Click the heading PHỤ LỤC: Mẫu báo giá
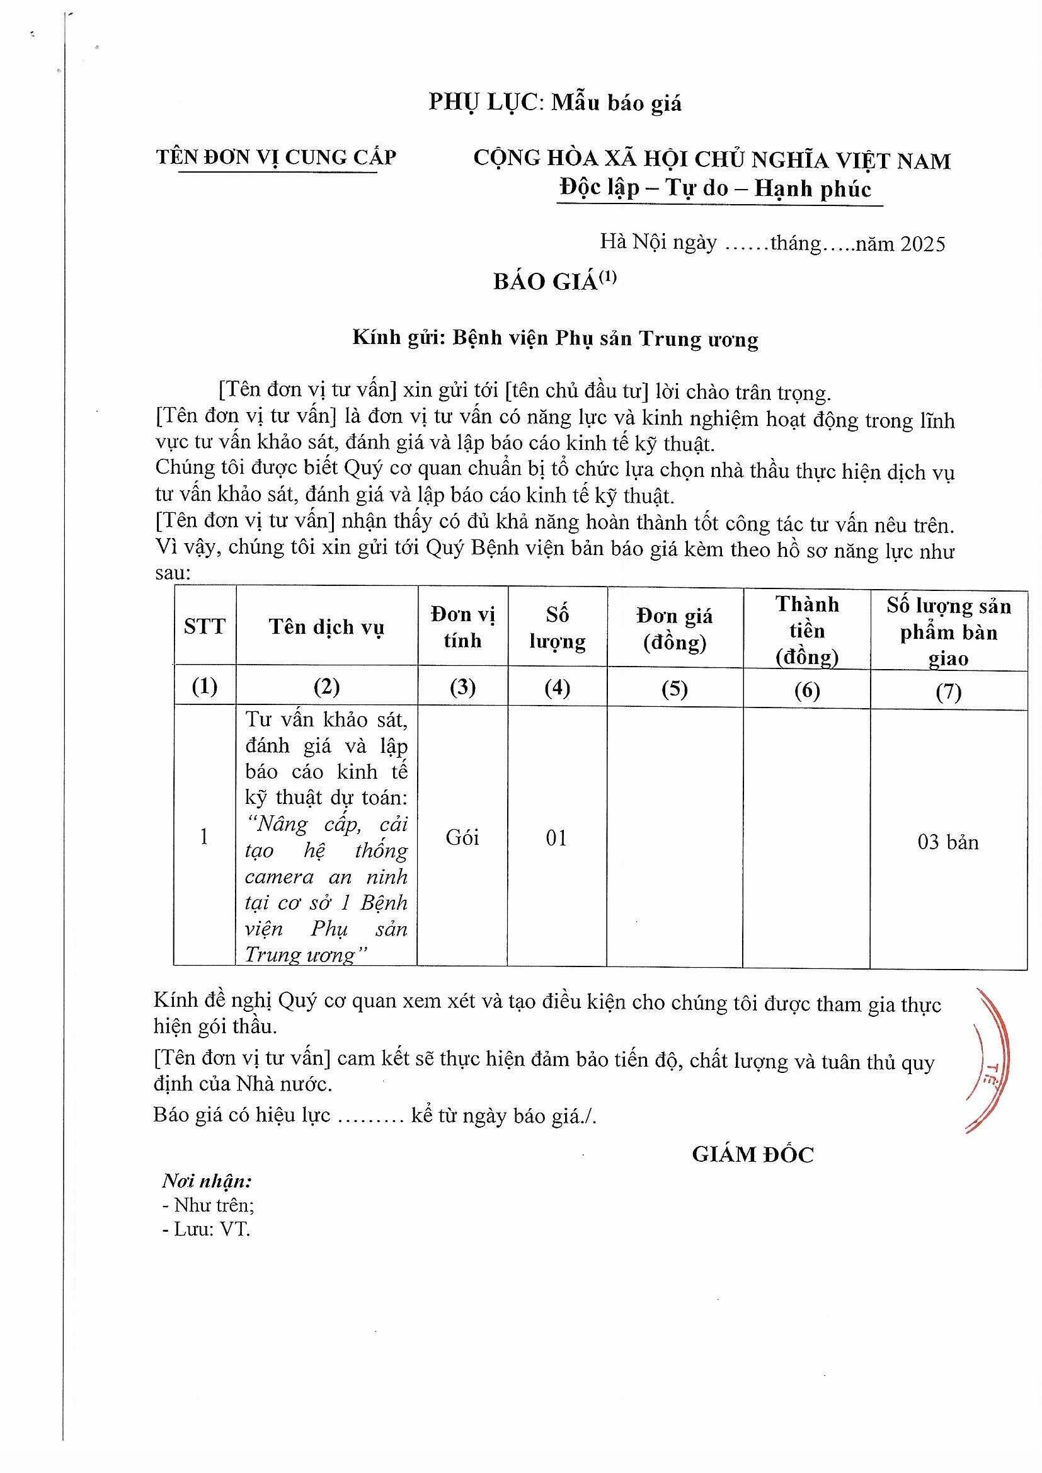coord(555,103)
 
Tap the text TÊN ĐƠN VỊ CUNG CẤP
coord(277,157)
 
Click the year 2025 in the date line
coord(923,244)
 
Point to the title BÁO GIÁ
coord(546,282)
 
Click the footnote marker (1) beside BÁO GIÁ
coord(607,277)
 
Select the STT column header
coord(205,626)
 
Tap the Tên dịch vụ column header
coord(326,627)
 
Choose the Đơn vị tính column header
coord(462,628)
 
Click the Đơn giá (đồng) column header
coord(674,629)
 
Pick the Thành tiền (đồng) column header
coord(806,630)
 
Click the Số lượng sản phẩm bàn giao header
coord(948,632)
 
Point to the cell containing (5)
coord(674,689)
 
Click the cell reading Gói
coord(462,838)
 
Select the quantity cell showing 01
coord(556,838)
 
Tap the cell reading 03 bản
coord(948,842)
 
